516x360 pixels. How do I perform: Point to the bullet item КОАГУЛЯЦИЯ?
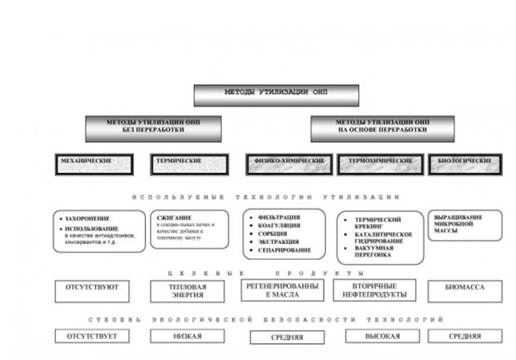[280, 226]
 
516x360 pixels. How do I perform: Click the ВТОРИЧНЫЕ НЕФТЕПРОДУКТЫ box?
[373, 289]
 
